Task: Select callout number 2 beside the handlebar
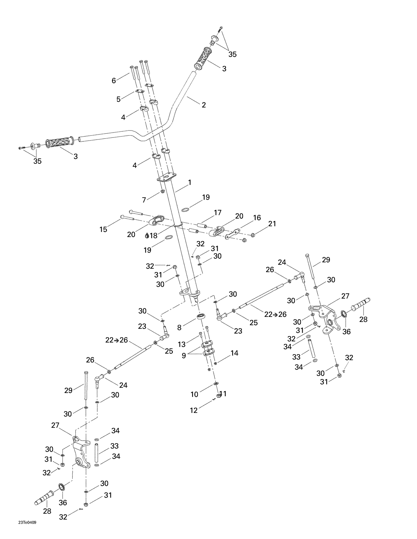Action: pos(203,105)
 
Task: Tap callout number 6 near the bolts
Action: pos(114,81)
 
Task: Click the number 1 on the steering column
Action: pos(190,182)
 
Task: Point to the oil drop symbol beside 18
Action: pos(147,236)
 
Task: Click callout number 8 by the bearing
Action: pos(179,328)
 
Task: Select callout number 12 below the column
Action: pos(193,410)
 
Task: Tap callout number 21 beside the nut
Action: pos(272,224)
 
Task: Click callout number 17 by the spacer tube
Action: pos(217,213)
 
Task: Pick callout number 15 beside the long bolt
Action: pos(103,229)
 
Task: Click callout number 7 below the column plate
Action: pos(144,200)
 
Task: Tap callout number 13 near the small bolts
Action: pos(182,345)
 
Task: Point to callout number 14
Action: pos(234,353)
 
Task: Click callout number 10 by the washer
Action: pos(194,394)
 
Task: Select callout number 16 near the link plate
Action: pos(257,218)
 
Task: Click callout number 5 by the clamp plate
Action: pos(118,99)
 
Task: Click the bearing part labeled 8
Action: pos(200,316)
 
